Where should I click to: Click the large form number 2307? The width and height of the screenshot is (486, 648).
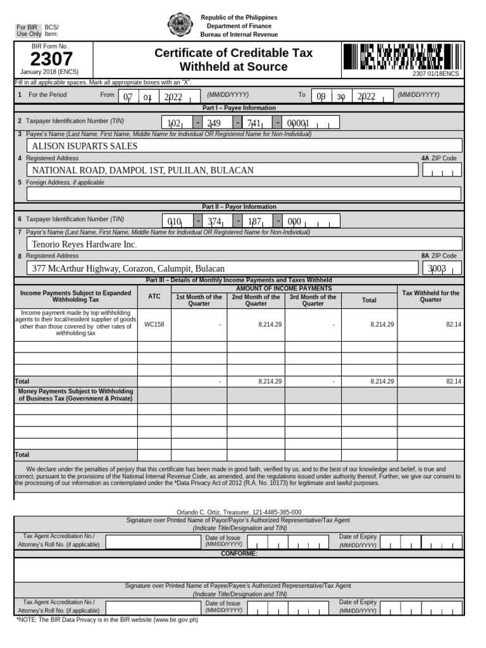(x=52, y=59)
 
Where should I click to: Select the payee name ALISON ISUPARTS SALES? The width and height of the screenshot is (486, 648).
(x=84, y=146)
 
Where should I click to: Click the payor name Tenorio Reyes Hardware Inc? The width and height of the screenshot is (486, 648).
(x=84, y=244)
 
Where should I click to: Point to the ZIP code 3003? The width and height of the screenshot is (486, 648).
(x=437, y=268)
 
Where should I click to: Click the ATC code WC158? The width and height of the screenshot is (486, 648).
(x=154, y=324)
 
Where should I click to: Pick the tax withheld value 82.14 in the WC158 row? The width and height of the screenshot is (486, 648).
(x=453, y=324)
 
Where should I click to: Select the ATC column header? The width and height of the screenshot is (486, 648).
(x=154, y=296)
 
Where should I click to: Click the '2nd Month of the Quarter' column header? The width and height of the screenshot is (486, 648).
(x=256, y=300)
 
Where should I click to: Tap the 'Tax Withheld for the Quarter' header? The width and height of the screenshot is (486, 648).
(x=431, y=296)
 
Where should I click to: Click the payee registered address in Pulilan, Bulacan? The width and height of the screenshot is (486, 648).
(x=143, y=170)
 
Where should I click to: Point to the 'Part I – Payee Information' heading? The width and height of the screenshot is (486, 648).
(x=239, y=108)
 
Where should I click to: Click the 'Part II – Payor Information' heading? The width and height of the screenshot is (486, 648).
(x=239, y=207)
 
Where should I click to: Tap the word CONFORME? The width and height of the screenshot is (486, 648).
(x=239, y=554)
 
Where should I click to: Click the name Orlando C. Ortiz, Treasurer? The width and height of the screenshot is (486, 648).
(x=238, y=512)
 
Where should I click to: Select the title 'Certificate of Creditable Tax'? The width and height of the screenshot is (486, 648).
(x=234, y=54)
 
